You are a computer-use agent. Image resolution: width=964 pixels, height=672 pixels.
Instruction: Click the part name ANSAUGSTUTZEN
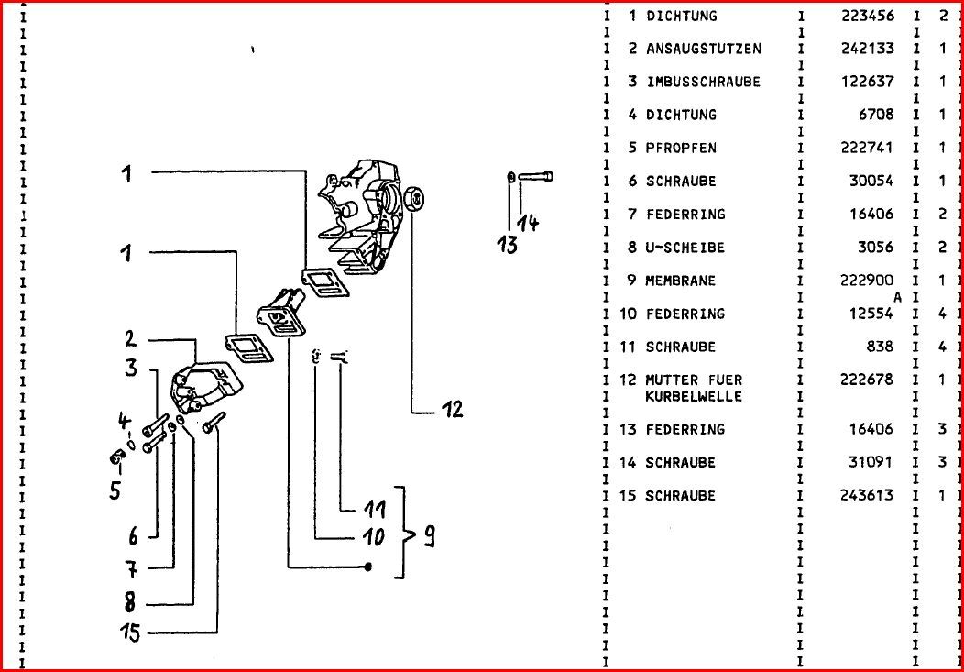point(703,49)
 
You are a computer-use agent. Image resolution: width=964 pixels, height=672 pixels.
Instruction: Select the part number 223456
point(867,16)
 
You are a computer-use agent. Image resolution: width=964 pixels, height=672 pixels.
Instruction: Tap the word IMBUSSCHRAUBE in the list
point(703,82)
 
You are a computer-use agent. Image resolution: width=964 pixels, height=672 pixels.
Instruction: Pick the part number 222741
point(867,148)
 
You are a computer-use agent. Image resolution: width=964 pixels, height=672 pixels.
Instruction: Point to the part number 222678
point(867,380)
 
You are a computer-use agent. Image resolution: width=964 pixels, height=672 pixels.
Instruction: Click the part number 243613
point(867,495)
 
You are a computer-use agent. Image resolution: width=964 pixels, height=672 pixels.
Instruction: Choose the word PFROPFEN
point(681,148)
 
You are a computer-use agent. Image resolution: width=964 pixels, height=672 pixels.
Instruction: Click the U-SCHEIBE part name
point(685,248)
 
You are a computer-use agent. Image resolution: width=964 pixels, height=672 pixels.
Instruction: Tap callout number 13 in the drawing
point(507,244)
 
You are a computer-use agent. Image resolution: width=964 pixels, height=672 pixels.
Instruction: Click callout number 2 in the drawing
point(131,339)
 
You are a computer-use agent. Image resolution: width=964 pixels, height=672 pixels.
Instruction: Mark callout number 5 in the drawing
point(115,490)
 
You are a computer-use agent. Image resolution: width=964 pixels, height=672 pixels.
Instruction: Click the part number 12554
point(871,314)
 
